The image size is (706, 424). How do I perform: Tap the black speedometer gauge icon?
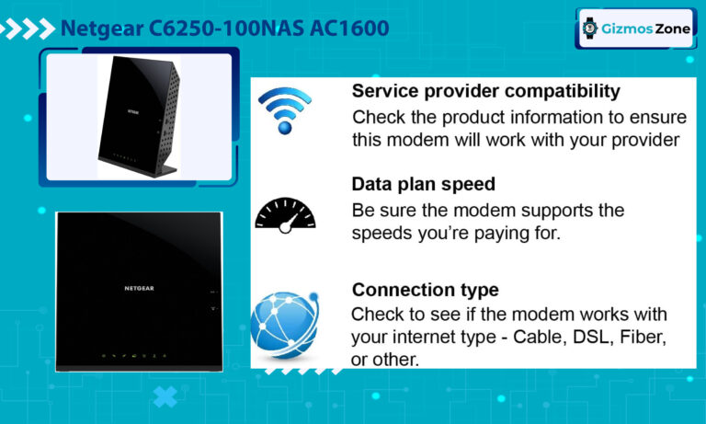click(x=285, y=213)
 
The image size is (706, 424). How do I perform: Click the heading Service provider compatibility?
click(x=486, y=92)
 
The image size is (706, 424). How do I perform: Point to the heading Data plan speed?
click(x=424, y=184)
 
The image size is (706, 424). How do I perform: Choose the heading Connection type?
click(x=426, y=290)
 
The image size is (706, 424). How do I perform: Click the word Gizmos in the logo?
click(x=624, y=29)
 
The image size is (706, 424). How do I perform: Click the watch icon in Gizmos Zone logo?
click(x=590, y=29)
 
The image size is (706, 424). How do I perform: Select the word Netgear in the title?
click(x=102, y=29)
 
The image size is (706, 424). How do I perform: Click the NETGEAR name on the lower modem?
click(x=141, y=289)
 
